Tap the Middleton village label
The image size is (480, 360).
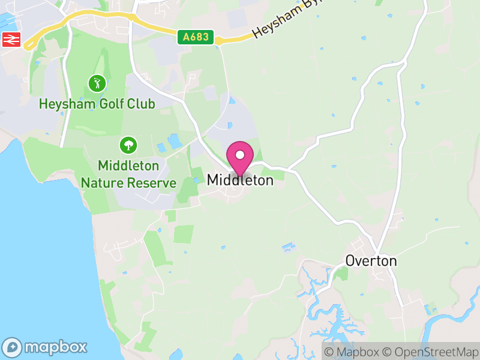(240, 180)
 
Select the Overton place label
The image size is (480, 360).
(371, 261)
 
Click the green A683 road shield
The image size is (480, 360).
(196, 37)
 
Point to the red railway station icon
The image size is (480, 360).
(11, 40)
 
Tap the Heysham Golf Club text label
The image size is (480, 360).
(97, 104)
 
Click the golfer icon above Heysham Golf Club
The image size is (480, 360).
(96, 83)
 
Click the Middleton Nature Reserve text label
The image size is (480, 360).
(128, 174)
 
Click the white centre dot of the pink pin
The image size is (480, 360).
(240, 154)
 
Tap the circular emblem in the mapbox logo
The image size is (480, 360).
(13, 347)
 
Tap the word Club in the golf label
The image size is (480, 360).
(141, 104)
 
